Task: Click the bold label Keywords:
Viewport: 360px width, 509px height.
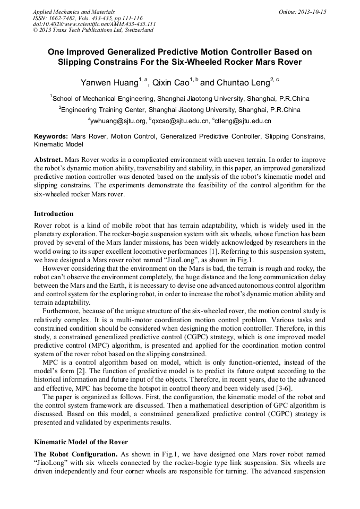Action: click(x=51, y=136)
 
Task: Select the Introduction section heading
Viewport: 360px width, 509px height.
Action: click(x=54, y=214)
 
